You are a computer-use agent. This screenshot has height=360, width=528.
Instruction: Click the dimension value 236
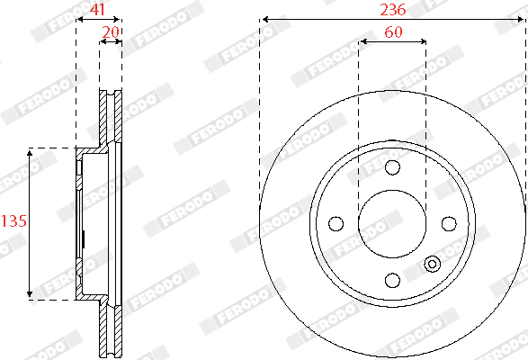[x=393, y=9]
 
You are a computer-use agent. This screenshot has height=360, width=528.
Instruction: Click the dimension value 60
[x=393, y=32]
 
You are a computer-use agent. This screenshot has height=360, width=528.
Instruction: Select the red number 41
[x=98, y=9]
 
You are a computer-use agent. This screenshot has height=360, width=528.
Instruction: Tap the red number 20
[x=111, y=32]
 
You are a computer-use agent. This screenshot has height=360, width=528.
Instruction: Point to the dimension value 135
[x=13, y=221]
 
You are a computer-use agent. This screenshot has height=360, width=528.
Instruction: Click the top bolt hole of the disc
[x=392, y=167]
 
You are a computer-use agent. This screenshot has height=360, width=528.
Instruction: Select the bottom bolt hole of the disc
[x=392, y=280]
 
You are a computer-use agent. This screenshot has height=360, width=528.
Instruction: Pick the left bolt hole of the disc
[x=336, y=224]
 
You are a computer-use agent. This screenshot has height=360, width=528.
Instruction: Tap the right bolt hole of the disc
[x=449, y=224]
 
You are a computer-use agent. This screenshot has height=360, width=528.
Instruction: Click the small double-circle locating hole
[x=432, y=264]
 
